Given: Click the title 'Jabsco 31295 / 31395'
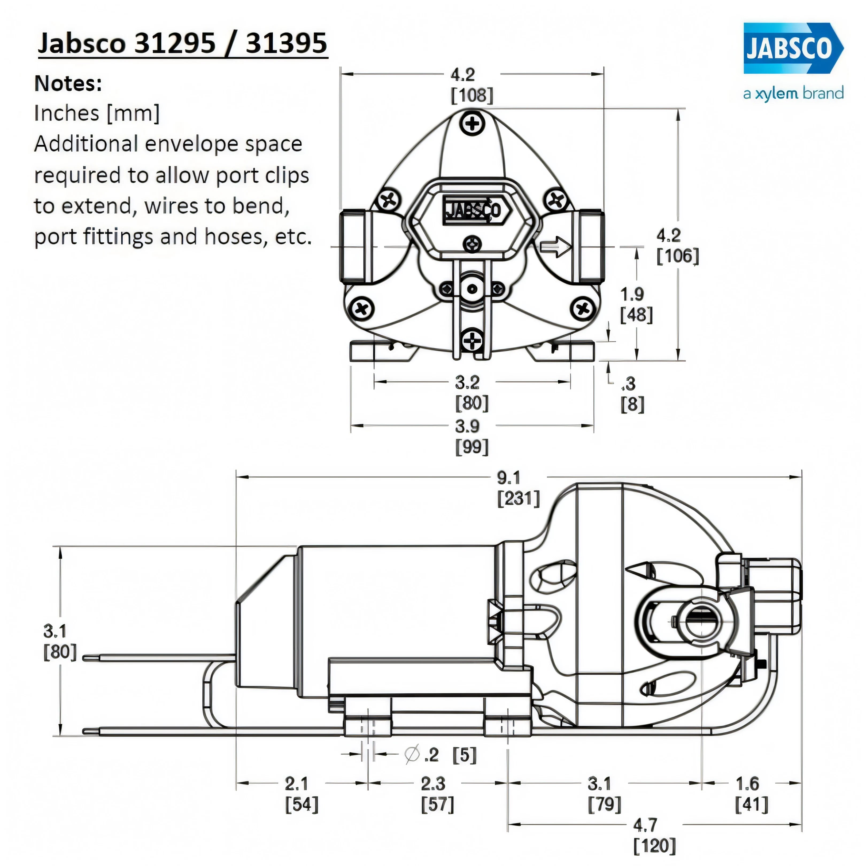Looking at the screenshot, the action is tap(183, 44).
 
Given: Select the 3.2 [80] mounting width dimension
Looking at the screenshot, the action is tap(471, 393).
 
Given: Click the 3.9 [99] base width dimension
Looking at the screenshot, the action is tap(471, 436).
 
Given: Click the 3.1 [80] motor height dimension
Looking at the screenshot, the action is tap(60, 641).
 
